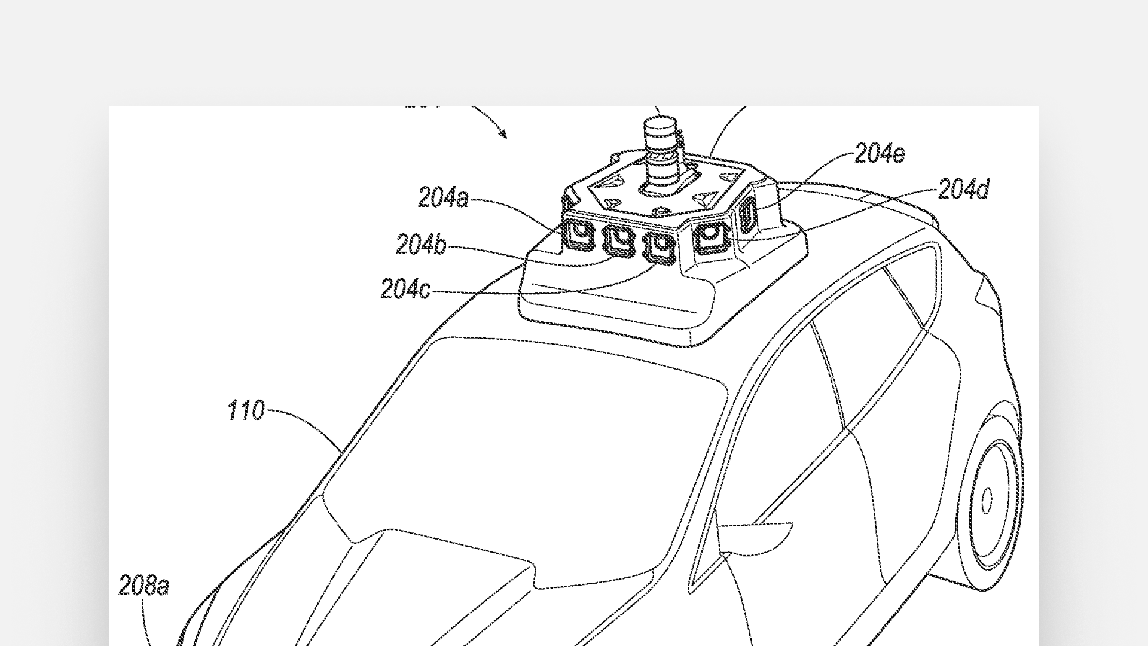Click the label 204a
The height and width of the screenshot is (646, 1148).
443,198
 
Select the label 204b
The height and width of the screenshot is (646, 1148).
421,245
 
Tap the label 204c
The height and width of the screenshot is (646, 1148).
405,290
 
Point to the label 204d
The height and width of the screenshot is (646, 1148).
963,190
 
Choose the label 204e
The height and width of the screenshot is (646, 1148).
880,154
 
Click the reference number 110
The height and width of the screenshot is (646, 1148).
246,411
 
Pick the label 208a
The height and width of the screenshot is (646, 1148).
143,586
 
